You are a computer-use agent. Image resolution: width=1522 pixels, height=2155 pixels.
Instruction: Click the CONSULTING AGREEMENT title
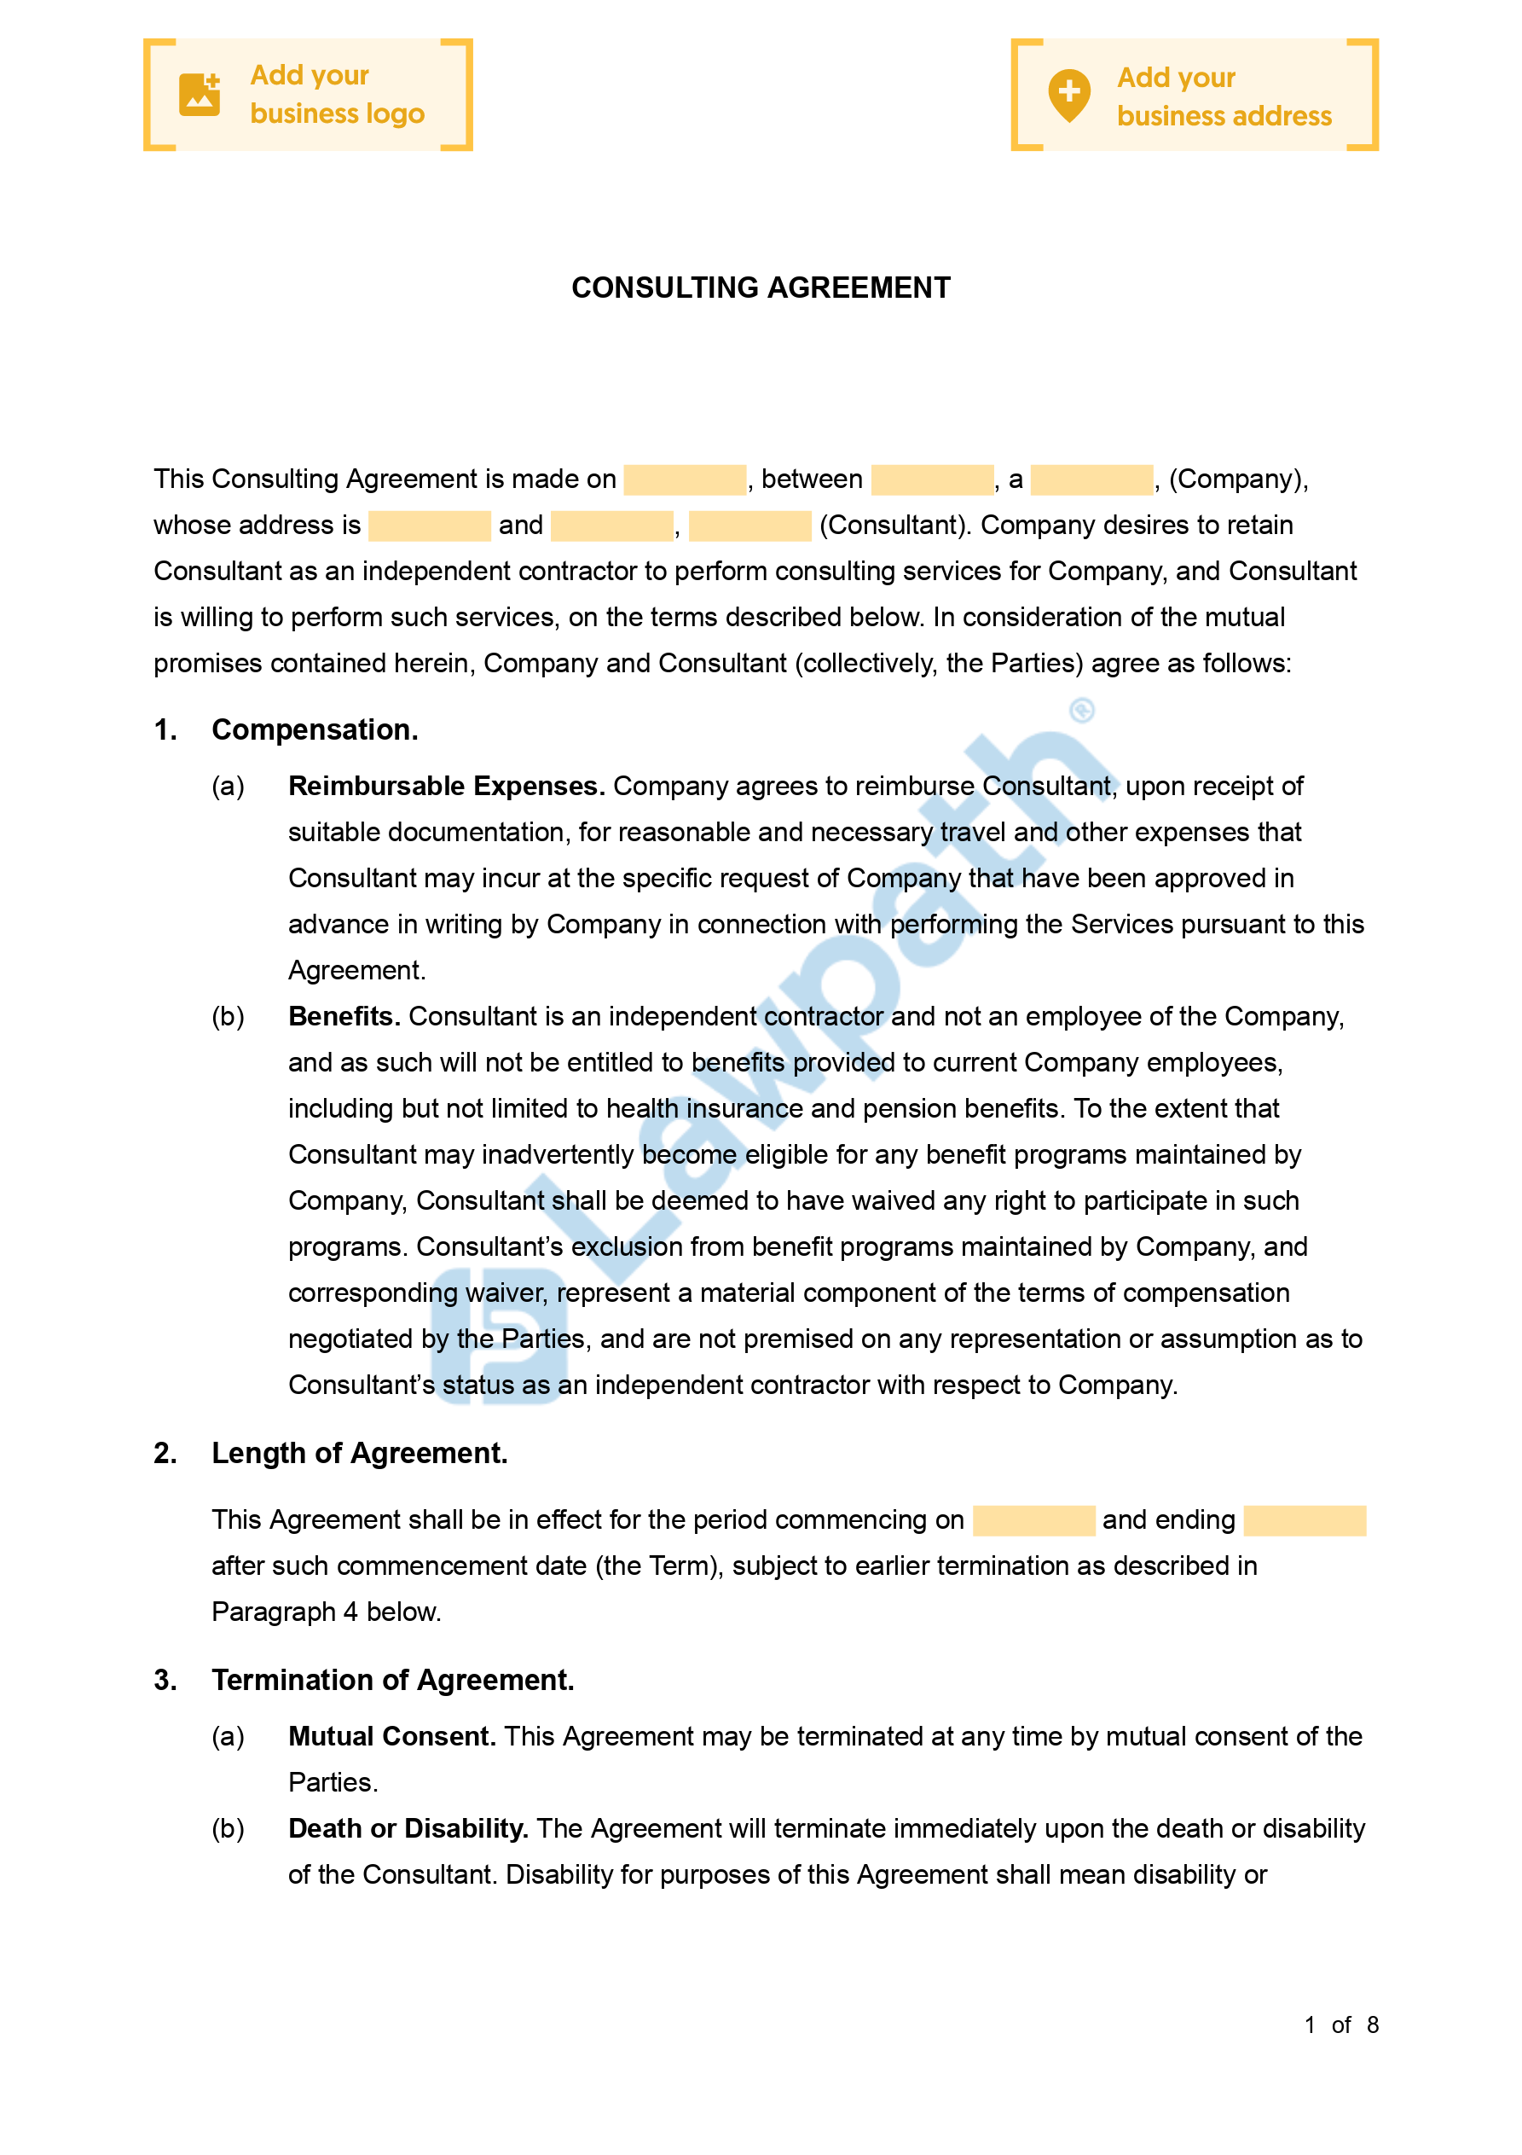click(x=760, y=288)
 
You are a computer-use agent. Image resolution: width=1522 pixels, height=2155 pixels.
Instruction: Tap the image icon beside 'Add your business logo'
click(x=199, y=95)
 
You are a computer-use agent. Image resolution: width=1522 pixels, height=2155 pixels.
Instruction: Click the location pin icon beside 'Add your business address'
click(x=1068, y=95)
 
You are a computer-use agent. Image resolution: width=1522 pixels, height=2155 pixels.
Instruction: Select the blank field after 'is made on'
click(x=684, y=479)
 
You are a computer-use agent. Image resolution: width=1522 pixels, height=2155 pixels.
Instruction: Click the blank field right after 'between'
click(x=932, y=479)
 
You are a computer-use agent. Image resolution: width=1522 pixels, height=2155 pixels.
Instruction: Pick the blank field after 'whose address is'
click(x=429, y=526)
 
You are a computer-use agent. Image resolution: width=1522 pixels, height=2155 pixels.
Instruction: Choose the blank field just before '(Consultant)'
click(x=749, y=526)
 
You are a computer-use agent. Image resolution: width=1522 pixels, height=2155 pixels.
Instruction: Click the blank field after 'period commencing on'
click(x=1033, y=1520)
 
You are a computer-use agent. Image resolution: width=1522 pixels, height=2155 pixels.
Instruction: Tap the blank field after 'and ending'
click(x=1305, y=1520)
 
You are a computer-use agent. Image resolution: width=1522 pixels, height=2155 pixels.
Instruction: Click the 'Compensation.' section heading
click(x=315, y=730)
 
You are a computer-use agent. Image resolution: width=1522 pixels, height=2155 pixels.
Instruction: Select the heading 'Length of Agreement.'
click(x=359, y=1454)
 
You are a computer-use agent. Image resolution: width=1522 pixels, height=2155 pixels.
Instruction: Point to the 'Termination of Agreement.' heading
click(x=392, y=1680)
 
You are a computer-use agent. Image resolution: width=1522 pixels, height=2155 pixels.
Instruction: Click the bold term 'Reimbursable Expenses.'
click(x=446, y=787)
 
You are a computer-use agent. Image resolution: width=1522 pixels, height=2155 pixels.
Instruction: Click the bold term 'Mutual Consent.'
click(x=391, y=1737)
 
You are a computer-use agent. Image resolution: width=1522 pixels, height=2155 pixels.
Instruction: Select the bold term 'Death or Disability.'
click(x=408, y=1829)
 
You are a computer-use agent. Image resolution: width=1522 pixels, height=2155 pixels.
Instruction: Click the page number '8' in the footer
click(x=1372, y=2025)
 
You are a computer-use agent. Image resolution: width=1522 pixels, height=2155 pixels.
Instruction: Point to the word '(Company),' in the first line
click(x=1238, y=479)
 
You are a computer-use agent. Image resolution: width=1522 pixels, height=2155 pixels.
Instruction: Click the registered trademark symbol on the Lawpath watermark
click(x=1082, y=711)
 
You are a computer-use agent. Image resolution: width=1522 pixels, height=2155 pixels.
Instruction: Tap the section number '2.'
click(x=165, y=1454)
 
